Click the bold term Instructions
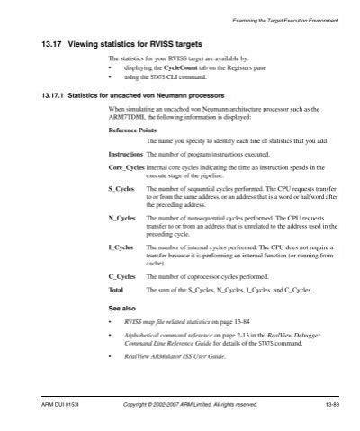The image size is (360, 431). tap(125, 155)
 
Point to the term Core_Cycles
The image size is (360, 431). tap(126, 167)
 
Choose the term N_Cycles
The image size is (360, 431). tap(121, 219)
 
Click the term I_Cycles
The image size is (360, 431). tap(121, 246)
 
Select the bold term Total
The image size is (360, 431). tap(116, 292)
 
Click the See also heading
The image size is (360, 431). tap(121, 309)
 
